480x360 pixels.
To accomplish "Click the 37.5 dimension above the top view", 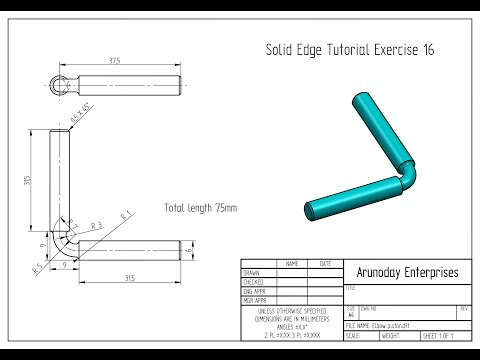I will point(116,61).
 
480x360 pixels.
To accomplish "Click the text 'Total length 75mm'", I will point(201,208).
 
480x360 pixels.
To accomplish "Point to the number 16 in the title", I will point(427,48).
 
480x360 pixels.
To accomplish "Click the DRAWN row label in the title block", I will point(251,272).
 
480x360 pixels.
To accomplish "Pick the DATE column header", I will point(325,263).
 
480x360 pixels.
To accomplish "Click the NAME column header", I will point(292,263).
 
